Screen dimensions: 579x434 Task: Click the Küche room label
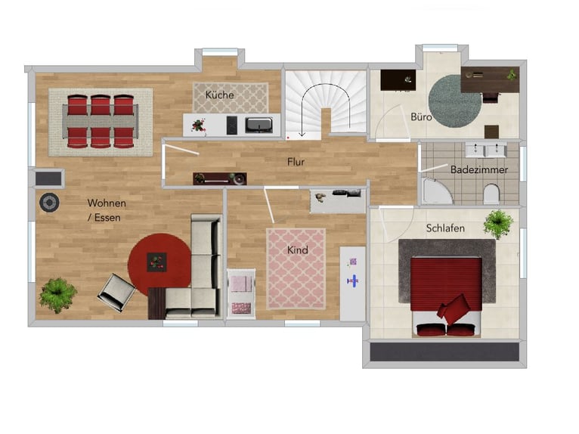coord(220,95)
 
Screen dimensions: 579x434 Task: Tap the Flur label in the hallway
coord(296,162)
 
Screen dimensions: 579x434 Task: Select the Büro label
coord(421,116)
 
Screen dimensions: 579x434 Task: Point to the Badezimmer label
coord(479,169)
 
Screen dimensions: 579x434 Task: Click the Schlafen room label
coord(445,228)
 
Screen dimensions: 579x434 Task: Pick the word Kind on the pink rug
coord(298,250)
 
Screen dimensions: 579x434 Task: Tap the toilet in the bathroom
coord(491,194)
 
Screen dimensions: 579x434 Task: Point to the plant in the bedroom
coord(498,225)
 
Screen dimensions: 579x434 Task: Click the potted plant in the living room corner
coord(57,296)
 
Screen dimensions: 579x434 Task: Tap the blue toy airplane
coord(353,281)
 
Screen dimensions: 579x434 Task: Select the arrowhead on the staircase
coord(302,134)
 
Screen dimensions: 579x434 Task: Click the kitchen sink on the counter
coord(259,125)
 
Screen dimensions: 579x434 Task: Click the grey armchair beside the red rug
coord(116,292)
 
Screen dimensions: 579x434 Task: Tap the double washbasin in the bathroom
coord(485,150)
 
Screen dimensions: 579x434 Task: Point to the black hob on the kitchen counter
coord(232,126)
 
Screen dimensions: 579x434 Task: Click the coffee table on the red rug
coord(157,262)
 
